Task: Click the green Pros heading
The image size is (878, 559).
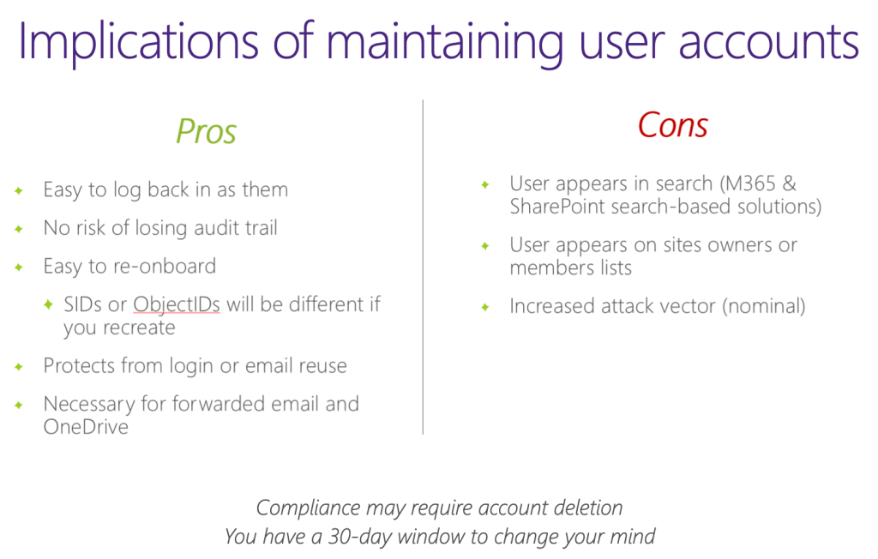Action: tap(206, 131)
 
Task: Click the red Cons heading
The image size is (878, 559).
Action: tap(673, 125)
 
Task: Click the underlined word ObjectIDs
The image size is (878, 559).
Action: tap(177, 304)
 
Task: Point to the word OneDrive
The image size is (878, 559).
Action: tap(86, 426)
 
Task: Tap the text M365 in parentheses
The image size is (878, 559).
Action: tap(748, 183)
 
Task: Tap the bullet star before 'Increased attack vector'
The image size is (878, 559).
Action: tap(485, 307)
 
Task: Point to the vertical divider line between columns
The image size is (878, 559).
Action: tap(423, 267)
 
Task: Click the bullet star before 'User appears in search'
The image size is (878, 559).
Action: tap(485, 184)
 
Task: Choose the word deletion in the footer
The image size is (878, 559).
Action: tap(586, 508)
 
